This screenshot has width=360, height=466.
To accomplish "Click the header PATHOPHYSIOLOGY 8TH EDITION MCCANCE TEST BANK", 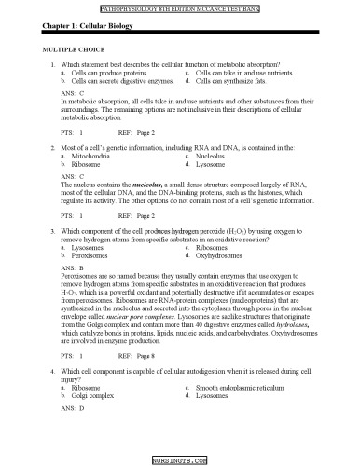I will click(179, 6).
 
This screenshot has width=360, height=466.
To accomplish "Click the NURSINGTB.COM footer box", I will click(179, 460).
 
